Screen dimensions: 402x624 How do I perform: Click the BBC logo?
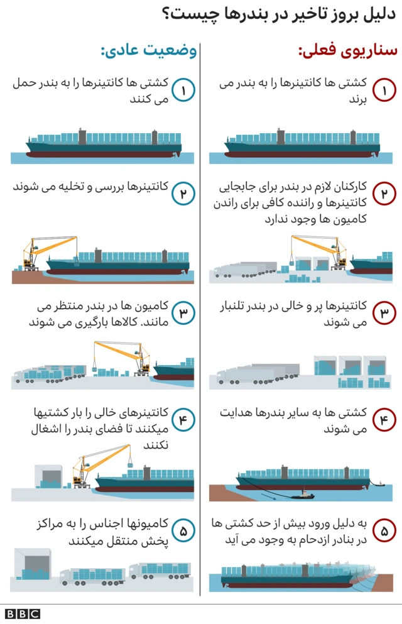tap(23, 614)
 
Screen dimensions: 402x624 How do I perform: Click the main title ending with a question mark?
tap(279, 14)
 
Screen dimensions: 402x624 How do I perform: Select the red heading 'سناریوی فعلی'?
tap(347, 51)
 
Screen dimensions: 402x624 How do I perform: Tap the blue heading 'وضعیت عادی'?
tap(149, 51)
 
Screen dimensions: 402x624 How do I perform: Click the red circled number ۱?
tap(384, 90)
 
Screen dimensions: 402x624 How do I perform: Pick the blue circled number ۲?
tap(183, 194)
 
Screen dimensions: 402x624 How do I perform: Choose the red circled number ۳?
tap(384, 313)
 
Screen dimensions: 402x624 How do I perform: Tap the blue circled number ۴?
tap(183, 420)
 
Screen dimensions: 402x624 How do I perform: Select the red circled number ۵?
tap(384, 531)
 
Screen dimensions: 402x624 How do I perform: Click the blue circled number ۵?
tap(183, 531)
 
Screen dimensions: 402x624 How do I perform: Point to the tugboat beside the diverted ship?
tap(303, 494)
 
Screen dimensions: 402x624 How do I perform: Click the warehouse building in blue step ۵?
tap(33, 564)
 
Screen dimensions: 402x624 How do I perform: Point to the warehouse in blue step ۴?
tap(48, 476)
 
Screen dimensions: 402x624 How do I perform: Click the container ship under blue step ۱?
tap(104, 143)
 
